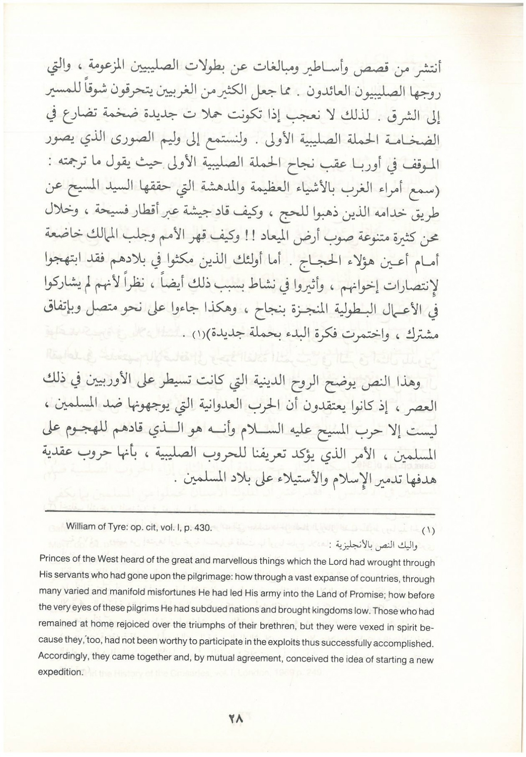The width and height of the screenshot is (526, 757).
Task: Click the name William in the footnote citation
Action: (x=79, y=528)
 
